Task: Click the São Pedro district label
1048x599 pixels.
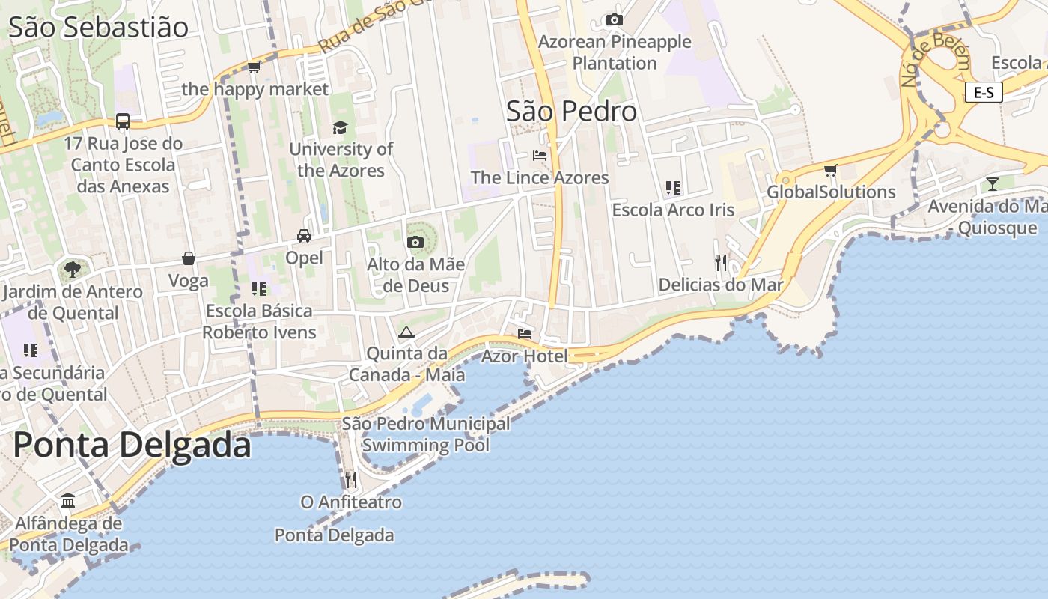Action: click(571, 112)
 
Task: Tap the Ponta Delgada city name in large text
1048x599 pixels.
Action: click(132, 445)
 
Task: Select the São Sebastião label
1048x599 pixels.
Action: click(98, 28)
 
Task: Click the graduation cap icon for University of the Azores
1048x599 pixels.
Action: click(341, 127)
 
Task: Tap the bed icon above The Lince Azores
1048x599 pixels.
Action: click(540, 156)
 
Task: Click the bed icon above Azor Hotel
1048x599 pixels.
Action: click(524, 334)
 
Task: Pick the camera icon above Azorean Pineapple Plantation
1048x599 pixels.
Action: click(615, 20)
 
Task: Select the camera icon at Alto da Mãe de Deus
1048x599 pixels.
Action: click(415, 242)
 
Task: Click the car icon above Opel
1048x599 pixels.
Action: click(304, 236)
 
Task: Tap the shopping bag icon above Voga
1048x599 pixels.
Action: click(189, 258)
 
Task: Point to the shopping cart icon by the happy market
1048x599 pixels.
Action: click(255, 67)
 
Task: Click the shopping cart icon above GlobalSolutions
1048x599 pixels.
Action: click(830, 170)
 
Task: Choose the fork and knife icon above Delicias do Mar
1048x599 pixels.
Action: click(721, 262)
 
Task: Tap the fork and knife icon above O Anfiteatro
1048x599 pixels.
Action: click(351, 479)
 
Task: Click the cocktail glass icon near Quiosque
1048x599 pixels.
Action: click(993, 183)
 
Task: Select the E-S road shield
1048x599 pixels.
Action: click(984, 92)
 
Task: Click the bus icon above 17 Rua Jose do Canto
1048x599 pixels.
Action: click(123, 121)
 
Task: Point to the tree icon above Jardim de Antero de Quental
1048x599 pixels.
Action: click(73, 269)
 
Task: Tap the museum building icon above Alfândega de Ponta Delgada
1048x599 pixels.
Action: click(68, 500)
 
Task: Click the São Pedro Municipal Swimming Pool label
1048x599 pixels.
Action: click(426, 434)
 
